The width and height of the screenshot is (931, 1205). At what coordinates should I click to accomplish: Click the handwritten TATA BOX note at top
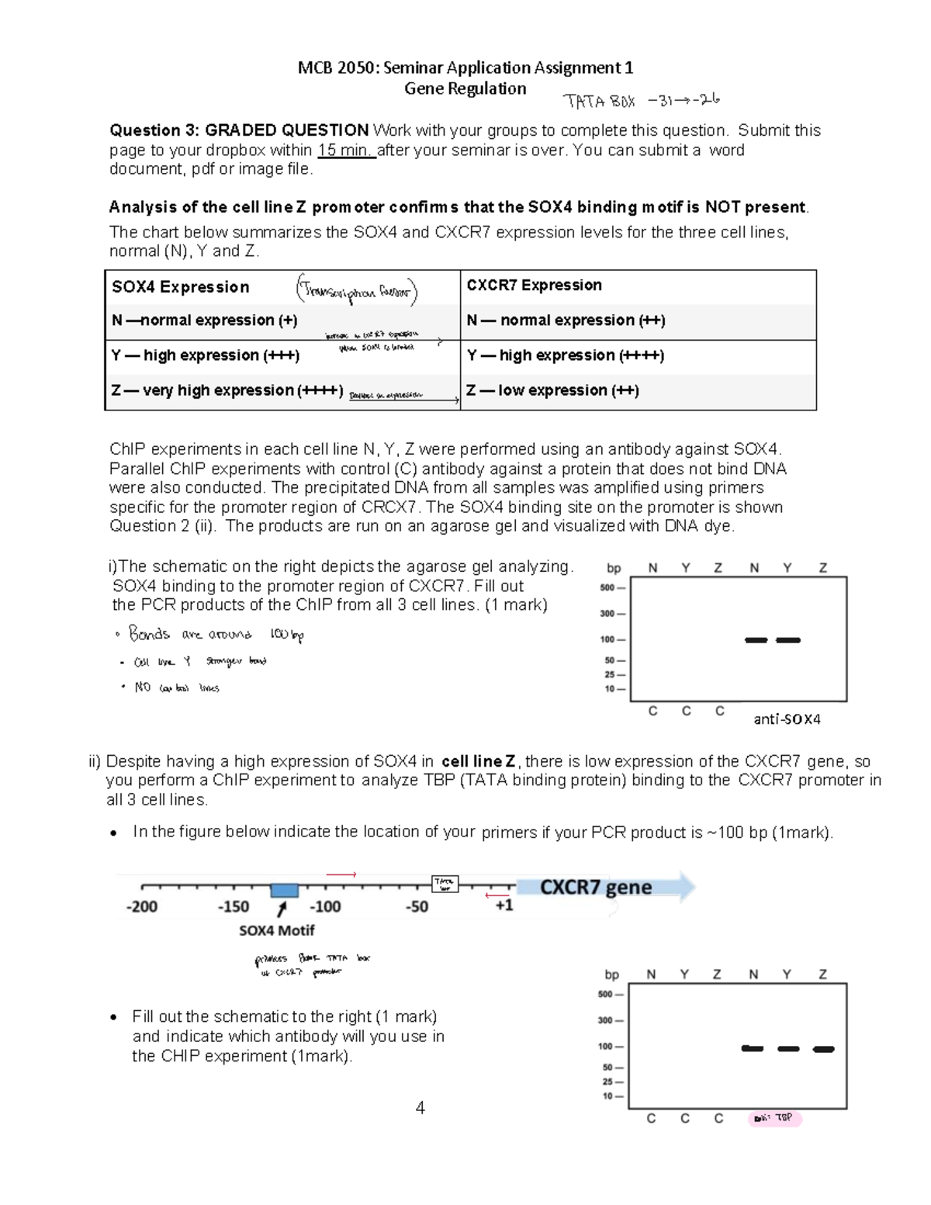pos(642,100)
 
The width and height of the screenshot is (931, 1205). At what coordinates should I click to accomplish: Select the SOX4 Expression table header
pos(181,287)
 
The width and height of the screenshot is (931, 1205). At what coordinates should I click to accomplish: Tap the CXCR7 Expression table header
pos(534,285)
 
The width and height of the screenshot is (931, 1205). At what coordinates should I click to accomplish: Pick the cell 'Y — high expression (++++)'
pos(565,355)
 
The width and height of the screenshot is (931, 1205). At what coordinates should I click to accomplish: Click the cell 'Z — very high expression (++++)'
pos(227,390)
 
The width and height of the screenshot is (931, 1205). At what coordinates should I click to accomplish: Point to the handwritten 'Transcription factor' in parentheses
pos(356,291)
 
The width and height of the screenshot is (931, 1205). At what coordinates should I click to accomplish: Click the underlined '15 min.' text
pos(346,150)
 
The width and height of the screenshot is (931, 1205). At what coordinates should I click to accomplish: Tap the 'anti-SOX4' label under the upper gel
pos(787,719)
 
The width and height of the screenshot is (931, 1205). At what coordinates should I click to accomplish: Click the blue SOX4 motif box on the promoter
pos(285,890)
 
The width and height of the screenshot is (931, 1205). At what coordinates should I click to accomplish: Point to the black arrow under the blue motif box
pos(282,908)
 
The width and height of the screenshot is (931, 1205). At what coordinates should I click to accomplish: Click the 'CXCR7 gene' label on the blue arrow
pos(595,887)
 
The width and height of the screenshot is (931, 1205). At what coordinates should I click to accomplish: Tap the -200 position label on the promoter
pos(142,906)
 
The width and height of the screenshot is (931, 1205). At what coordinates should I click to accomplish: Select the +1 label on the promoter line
pos(504,905)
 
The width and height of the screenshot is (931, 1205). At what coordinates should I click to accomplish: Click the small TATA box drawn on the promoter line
pos(445,884)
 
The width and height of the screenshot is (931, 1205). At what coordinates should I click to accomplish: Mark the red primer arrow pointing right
pos(341,874)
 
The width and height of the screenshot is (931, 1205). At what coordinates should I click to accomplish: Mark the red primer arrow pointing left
pos(497,895)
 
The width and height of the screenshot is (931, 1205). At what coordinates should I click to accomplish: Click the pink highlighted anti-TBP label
pos(774,1118)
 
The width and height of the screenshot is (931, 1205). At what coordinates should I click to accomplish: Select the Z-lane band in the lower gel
pos(823,1049)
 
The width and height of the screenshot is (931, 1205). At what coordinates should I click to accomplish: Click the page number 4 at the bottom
pos(420,1108)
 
